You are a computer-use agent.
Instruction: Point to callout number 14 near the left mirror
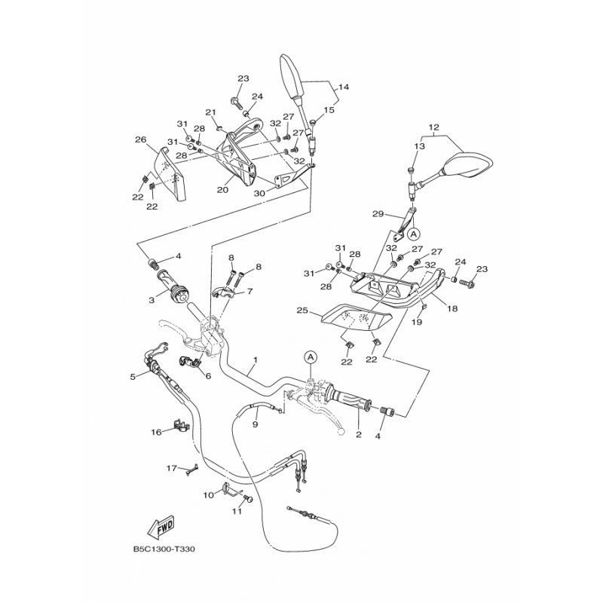343,87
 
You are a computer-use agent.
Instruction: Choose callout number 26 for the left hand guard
140,139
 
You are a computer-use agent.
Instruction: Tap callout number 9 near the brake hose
255,425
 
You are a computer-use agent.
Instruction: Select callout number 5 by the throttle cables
133,376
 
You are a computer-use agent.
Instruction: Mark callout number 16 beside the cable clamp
156,432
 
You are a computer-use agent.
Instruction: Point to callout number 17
171,468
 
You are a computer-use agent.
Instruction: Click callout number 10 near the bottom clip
209,494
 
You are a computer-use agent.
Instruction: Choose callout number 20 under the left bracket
222,190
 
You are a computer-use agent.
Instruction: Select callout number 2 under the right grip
358,435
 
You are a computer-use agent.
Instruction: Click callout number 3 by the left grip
152,301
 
